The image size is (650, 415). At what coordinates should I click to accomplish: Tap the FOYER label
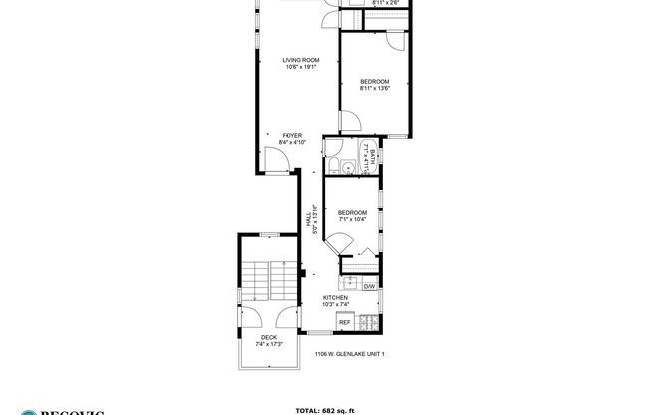[292, 134]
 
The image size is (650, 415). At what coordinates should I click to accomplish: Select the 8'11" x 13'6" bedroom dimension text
[374, 89]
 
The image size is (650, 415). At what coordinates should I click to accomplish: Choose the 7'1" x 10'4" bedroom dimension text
[352, 221]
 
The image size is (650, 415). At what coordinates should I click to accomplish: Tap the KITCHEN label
[335, 298]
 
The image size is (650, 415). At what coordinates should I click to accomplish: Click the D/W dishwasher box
[368, 287]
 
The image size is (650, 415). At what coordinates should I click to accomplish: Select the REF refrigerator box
[345, 322]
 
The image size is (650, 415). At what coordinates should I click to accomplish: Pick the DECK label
[269, 337]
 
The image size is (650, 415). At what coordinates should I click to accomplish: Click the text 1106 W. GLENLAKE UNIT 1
[349, 354]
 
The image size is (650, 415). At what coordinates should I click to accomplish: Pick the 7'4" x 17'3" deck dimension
[269, 345]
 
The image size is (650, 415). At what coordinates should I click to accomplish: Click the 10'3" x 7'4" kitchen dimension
[335, 306]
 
